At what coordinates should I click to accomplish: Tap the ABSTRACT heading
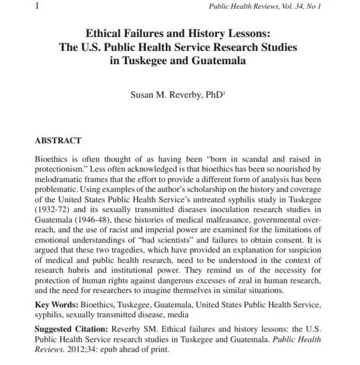tap(58, 140)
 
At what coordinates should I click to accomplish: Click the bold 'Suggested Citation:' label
tap(73, 330)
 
